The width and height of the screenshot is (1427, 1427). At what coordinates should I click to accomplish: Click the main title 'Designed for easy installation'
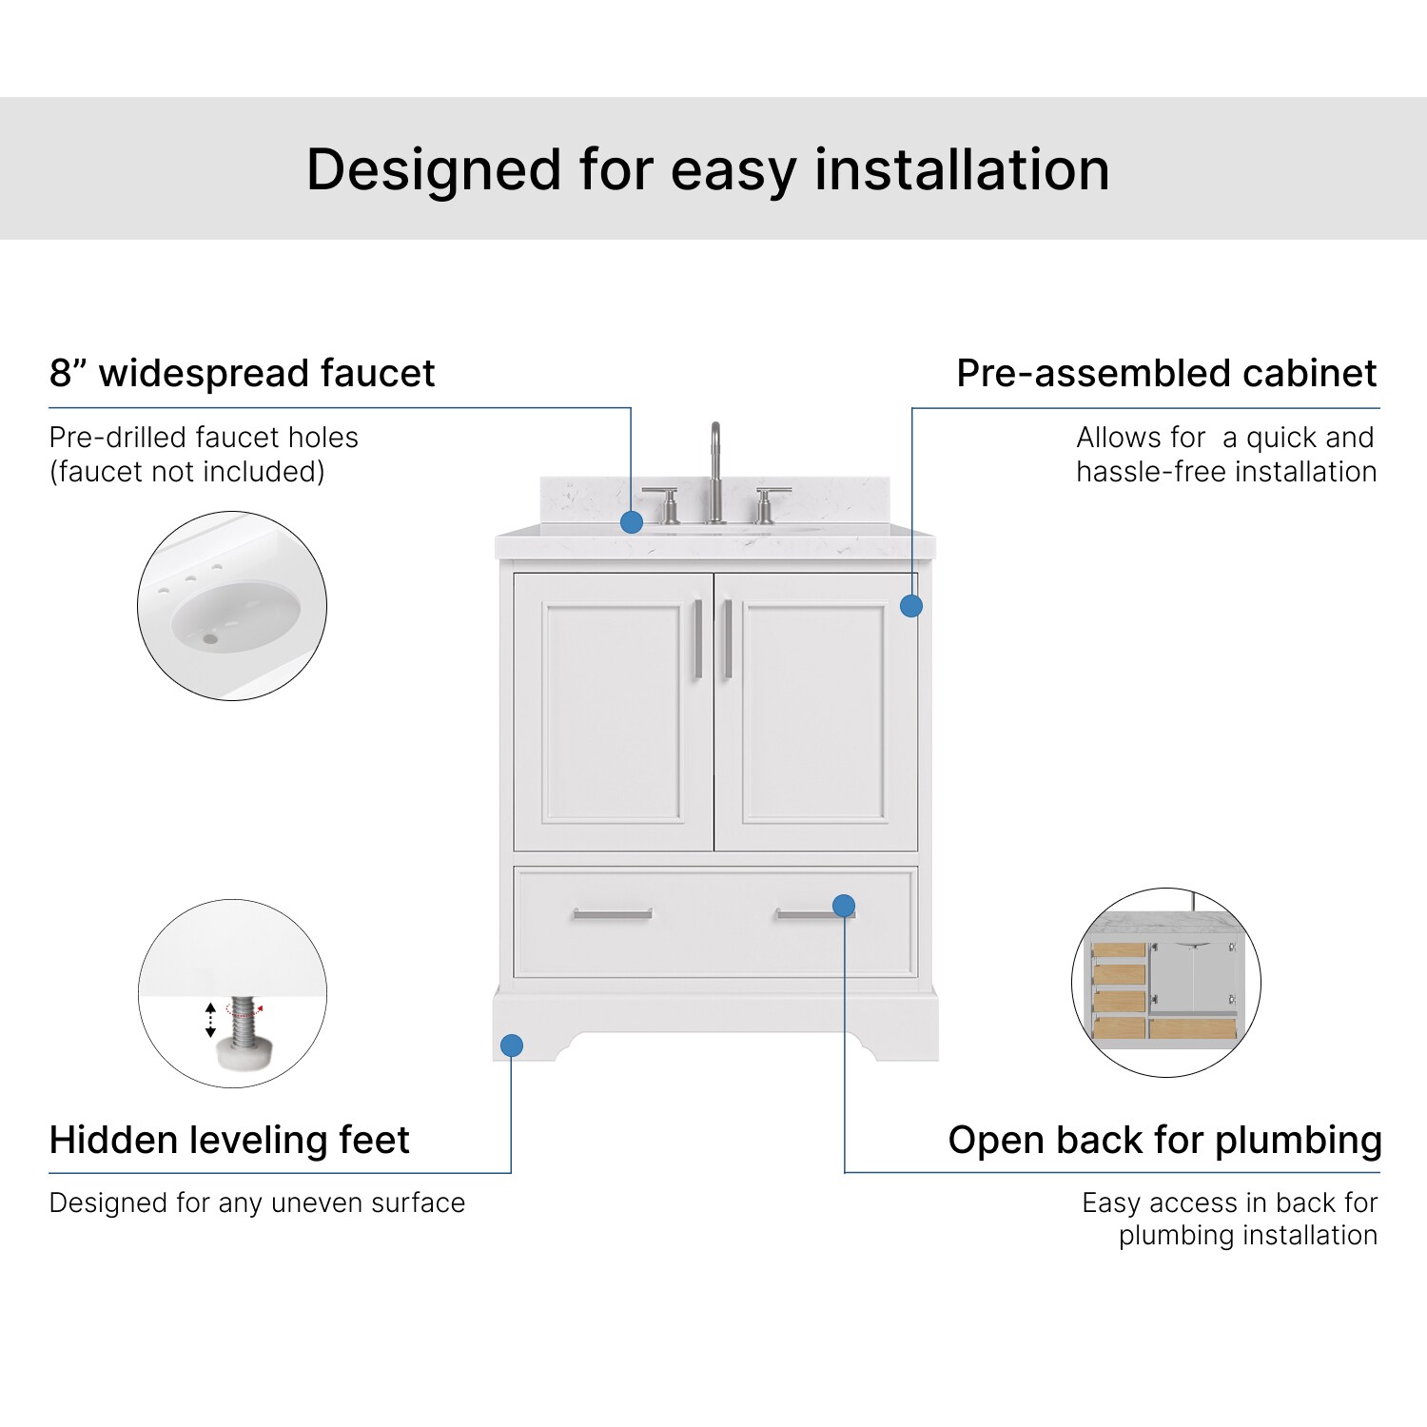[x=708, y=170]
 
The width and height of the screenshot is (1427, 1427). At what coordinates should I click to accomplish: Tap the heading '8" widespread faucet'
[x=242, y=373]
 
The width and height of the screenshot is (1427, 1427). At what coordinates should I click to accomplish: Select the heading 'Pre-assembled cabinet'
[x=1166, y=373]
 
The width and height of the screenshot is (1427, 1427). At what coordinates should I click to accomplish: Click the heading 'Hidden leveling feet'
[x=229, y=1140]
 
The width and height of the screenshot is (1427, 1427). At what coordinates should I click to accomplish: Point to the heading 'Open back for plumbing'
[x=1164, y=1140]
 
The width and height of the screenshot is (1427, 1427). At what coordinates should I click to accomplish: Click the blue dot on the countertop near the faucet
[x=632, y=521]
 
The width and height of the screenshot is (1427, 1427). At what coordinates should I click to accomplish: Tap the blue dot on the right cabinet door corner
[x=911, y=606]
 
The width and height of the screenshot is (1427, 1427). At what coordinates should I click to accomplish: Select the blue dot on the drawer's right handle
[x=844, y=906]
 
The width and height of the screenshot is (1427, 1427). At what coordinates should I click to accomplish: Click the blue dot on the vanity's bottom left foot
[x=512, y=1046]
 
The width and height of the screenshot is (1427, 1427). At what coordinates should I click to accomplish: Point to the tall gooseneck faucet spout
[x=715, y=466]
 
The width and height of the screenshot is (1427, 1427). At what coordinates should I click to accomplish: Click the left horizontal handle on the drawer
[x=613, y=914]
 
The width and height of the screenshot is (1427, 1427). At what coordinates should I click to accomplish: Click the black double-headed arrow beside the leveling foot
[x=211, y=1020]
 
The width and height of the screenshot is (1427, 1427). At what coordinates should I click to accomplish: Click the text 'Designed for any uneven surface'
[x=257, y=1202]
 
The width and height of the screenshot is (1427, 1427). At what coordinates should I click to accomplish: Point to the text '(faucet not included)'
[x=187, y=472]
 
